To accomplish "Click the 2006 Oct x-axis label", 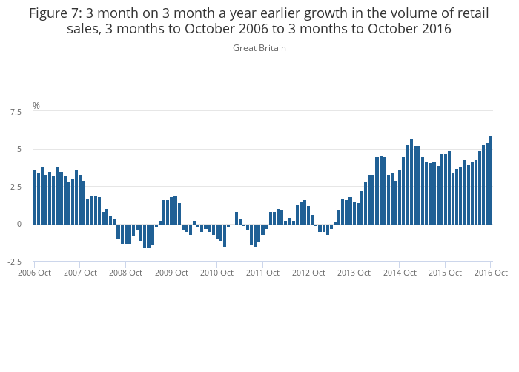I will (34, 273).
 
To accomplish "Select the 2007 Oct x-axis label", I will (80, 273).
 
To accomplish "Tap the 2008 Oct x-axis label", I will (125, 273).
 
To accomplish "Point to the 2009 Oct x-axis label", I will (171, 273).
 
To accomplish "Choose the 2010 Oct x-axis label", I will (217, 273).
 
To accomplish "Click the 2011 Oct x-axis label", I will (262, 273).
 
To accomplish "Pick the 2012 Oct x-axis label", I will (308, 273).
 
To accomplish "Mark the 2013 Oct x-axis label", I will (354, 273).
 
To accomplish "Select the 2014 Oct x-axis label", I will (400, 273).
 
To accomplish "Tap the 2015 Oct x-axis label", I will (445, 273).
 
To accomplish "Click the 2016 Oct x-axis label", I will (491, 273).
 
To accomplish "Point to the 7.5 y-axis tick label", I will (15, 112).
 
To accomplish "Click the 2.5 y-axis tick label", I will (15, 187).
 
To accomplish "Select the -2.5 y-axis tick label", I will (13, 262).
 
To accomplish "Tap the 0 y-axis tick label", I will (19, 224).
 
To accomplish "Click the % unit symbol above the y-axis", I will (36, 106).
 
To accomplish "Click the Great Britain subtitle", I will (259, 48).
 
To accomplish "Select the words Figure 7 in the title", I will (54, 13).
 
